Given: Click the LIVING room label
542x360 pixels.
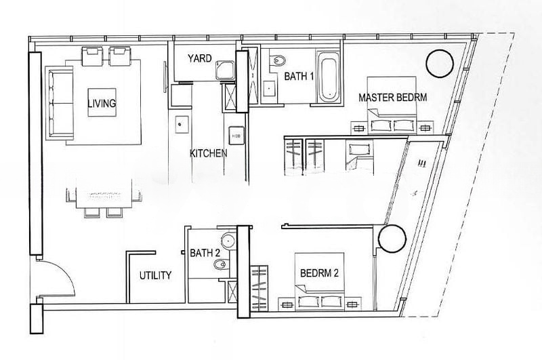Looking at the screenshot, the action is click(x=102, y=103).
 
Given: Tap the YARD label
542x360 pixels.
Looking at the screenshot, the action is click(x=199, y=58).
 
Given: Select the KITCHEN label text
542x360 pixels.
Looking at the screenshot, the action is click(x=209, y=153).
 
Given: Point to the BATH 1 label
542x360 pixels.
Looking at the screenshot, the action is click(x=299, y=76).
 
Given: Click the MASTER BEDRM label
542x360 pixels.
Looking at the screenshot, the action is click(x=393, y=98).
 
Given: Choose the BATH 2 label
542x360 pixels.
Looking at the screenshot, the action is click(x=205, y=253).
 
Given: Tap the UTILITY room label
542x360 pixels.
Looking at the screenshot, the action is click(x=156, y=276).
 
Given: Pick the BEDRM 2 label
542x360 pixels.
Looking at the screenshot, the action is click(x=319, y=273).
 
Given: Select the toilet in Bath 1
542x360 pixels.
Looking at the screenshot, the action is click(x=278, y=61).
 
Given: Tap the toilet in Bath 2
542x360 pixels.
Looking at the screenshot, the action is click(x=221, y=265).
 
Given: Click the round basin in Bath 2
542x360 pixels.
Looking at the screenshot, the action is click(x=228, y=241).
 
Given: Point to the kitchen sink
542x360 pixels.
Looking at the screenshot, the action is click(x=182, y=124).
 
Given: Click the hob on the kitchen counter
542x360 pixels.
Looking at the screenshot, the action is click(x=236, y=136).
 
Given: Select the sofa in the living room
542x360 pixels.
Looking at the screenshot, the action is click(x=60, y=103).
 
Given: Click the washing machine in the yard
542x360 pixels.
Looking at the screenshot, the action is click(x=225, y=70).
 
